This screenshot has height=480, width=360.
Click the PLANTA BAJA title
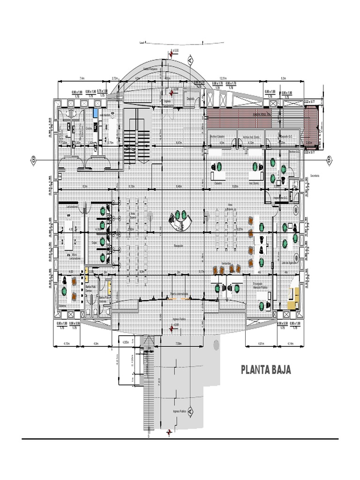pyautogui.click(x=266, y=370)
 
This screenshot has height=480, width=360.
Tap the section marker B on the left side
pyautogui.click(x=33, y=160)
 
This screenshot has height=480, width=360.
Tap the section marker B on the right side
pyautogui.click(x=329, y=160)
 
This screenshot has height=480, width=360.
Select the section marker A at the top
pyautogui.click(x=190, y=60)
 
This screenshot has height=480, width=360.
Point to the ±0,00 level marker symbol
pyautogui.click(x=171, y=54)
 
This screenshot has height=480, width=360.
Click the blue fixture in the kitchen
pyautogui.click(x=95, y=113)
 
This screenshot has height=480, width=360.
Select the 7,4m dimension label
pyautogui.click(x=82, y=78)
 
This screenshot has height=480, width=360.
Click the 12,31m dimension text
pyautogui.click(x=223, y=78)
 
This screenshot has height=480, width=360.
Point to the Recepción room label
pyautogui.click(x=178, y=246)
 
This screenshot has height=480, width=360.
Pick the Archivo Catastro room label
pyautogui.click(x=218, y=136)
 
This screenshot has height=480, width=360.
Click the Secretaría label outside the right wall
pyautogui.click(x=314, y=176)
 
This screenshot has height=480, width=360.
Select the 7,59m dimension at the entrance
pyautogui.click(x=178, y=344)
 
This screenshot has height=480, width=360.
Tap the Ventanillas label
pyautogui.click(x=227, y=263)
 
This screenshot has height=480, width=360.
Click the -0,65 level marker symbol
pyautogui.click(x=171, y=328)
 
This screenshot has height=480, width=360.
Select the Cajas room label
pyautogui.click(x=94, y=242)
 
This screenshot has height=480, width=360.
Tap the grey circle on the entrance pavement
pyautogui.click(x=216, y=345)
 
